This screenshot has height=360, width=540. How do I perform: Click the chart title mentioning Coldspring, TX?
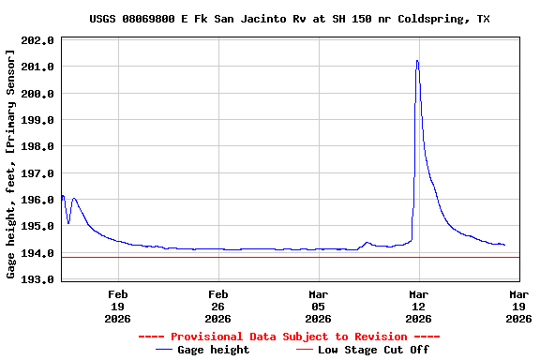289,19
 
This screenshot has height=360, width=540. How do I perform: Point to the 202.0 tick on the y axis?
38,40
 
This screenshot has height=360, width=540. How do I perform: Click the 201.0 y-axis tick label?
38,67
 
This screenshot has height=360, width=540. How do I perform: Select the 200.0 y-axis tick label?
38,94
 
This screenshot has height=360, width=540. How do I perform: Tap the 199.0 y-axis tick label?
38,120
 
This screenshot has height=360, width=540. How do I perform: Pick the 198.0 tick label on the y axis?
38,146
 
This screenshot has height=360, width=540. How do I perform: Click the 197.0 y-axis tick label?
38,173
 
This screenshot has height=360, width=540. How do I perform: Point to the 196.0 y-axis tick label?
38,200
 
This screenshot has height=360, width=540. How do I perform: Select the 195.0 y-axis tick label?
38,226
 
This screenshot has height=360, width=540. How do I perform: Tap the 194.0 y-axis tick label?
38,253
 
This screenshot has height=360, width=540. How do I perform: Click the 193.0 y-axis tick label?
38,279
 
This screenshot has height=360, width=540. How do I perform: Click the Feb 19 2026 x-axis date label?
117,306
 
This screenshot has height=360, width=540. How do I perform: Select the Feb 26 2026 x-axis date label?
217,306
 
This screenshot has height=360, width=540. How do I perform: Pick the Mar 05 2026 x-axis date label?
318,306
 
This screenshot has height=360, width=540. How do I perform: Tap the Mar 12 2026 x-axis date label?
418,306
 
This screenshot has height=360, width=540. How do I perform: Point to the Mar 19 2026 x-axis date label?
518,306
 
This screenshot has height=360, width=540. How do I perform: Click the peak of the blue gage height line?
417,61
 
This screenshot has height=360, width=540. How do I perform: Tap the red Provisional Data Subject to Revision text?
289,337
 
